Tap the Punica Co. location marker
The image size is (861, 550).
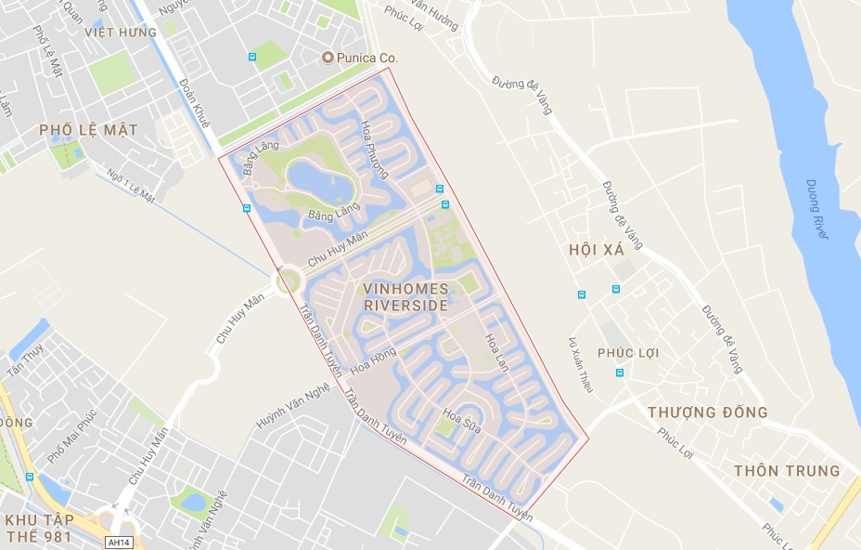[327, 58]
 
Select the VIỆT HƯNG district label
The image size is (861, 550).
[120, 32]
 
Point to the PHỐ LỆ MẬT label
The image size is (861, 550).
[88, 130]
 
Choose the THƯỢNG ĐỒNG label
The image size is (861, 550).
[707, 412]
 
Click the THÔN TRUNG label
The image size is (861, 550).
[787, 470]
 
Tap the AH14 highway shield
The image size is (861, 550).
[118, 542]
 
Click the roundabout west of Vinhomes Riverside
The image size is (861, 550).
[289, 279]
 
